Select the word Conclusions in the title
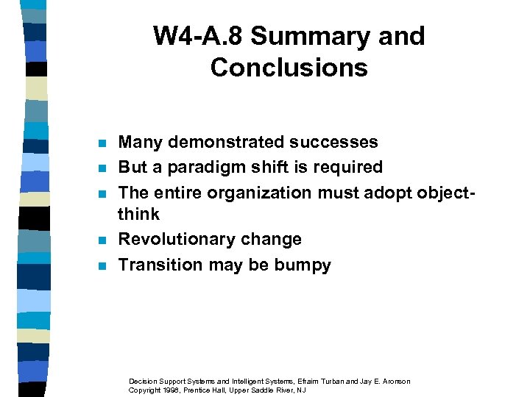pyautogui.click(x=289, y=68)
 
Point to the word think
pyautogui.click(x=138, y=214)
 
